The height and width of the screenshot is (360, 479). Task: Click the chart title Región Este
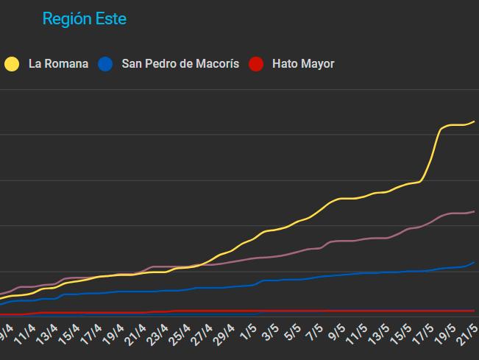click(x=84, y=19)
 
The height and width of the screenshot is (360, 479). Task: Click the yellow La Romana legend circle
click(x=12, y=64)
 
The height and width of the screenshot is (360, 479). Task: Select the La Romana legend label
click(x=58, y=64)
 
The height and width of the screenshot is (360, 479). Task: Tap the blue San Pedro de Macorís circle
click(x=106, y=64)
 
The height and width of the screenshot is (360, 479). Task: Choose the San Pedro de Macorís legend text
click(x=180, y=64)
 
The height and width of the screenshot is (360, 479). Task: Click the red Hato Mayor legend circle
click(x=256, y=64)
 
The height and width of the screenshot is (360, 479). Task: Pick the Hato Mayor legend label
click(x=303, y=64)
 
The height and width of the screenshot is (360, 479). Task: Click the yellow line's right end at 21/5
click(x=474, y=121)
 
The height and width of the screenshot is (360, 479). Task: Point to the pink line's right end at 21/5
click(x=474, y=211)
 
